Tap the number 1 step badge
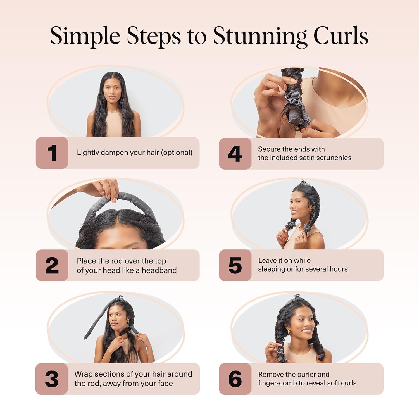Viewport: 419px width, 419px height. [52, 153]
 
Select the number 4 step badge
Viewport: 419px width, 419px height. [235, 154]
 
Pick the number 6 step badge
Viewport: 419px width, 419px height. [235, 379]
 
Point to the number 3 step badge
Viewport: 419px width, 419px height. [52, 379]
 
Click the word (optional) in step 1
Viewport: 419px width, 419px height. [177, 153]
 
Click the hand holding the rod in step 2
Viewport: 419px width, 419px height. [108, 189]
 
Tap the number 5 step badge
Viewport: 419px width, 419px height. [235, 265]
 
